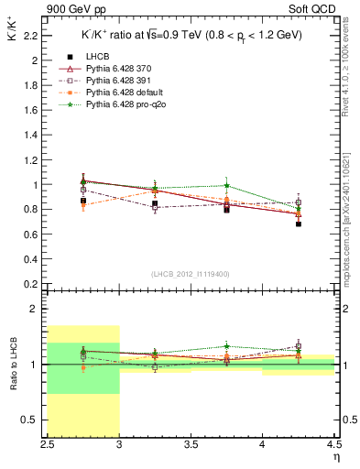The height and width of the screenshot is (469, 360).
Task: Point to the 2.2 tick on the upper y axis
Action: pyautogui.click(x=34, y=36)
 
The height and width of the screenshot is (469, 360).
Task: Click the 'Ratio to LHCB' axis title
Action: pyautogui.click(x=14, y=364)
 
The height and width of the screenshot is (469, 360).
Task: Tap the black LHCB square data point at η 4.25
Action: pyautogui.click(x=299, y=224)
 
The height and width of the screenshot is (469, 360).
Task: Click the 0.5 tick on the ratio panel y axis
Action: pyautogui.click(x=34, y=420)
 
